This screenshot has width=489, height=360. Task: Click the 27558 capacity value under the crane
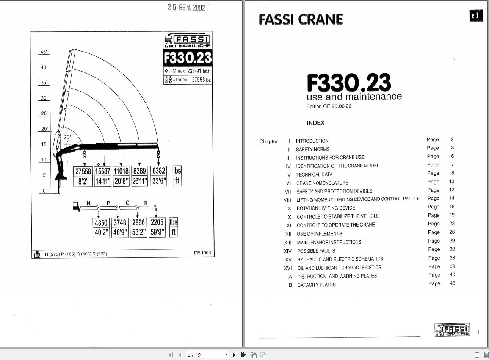(x=83, y=171)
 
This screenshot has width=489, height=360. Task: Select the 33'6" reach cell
(x=159, y=181)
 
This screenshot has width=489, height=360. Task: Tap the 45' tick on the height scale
(x=44, y=52)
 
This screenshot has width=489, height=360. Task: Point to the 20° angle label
(x=67, y=137)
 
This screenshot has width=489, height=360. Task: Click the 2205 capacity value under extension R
(x=157, y=222)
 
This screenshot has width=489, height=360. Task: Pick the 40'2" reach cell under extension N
(x=101, y=232)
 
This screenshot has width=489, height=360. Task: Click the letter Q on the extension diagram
(x=127, y=203)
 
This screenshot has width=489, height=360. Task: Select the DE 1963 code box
(x=202, y=253)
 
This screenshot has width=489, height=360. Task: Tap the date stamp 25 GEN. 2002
(x=187, y=8)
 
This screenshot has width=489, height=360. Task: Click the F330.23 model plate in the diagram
(x=188, y=58)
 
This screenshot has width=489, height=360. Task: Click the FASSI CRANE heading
(x=301, y=20)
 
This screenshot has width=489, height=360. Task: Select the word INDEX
(x=316, y=123)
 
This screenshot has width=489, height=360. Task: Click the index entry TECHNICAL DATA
(x=314, y=174)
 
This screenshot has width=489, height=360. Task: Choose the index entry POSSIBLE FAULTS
(x=316, y=251)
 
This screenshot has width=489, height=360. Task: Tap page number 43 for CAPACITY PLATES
(x=452, y=283)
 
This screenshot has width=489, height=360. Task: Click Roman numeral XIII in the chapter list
(x=288, y=243)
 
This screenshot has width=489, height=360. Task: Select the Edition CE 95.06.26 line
(x=329, y=106)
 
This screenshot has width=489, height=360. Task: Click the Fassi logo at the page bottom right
(x=452, y=330)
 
